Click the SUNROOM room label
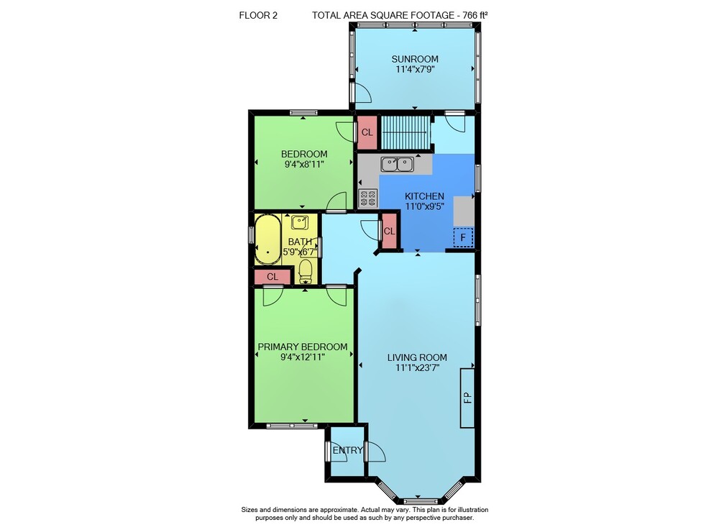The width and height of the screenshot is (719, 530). tap(415, 59)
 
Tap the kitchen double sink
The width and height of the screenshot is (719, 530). tap(397, 164)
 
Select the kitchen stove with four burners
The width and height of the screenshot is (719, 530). tap(367, 198)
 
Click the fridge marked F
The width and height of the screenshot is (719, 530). tap(463, 237)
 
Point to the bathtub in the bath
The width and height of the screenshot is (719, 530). tap(267, 239)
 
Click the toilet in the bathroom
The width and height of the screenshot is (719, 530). tap(306, 271)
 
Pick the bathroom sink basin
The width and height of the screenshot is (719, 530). tap(299, 223)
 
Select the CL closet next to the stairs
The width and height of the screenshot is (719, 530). tap(367, 132)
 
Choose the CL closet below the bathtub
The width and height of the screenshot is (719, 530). tap(273, 277)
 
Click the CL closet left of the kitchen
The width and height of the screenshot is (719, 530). tap(389, 232)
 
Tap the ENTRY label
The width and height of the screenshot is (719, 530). tap(347, 450)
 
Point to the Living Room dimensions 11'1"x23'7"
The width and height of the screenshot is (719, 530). tap(417, 367)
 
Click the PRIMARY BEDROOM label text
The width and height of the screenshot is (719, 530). tap(303, 347)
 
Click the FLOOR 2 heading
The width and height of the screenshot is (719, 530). tap(258, 16)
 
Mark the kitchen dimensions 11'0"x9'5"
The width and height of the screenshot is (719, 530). tap(425, 206)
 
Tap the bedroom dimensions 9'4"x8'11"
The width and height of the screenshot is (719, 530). tap(304, 164)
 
